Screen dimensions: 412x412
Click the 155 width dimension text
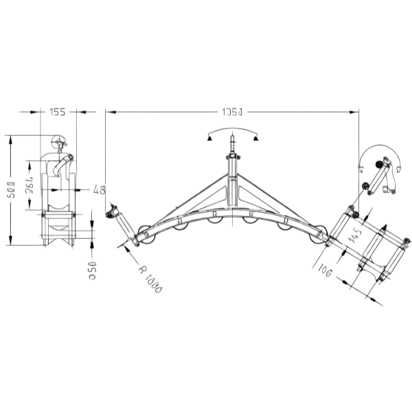click(x=58, y=112)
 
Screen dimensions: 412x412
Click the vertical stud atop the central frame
click(x=232, y=146)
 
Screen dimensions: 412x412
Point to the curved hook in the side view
click(x=65, y=163)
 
